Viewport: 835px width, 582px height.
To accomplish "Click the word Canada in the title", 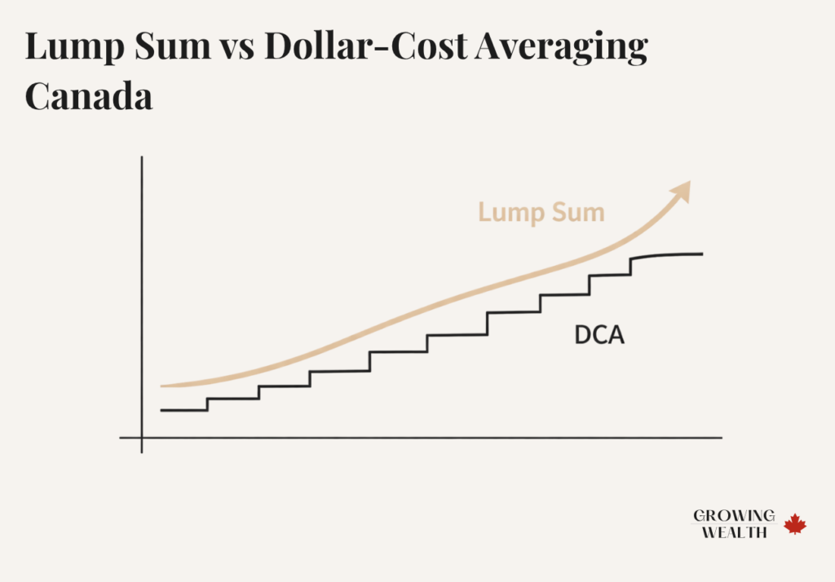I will pos(89,97).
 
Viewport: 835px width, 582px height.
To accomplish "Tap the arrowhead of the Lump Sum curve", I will pos(681,192).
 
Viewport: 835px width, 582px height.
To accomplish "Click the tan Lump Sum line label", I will pos(541,213).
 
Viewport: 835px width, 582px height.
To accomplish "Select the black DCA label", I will pos(599,334).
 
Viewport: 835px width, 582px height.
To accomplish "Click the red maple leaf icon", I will pos(795,524).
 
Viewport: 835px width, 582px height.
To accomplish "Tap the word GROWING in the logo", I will pos(734,516).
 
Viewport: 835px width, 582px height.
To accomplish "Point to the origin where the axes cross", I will pos(142,438).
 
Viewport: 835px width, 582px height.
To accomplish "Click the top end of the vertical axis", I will pos(142,157).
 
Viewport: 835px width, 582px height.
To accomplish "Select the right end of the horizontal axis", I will pos(721,438).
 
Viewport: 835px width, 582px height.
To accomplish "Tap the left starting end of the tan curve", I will pos(162,386).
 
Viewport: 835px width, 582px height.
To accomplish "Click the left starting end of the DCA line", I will pos(162,410).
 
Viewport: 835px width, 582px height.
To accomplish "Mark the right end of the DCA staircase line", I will pos(702,254).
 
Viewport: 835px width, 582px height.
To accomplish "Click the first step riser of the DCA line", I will pos(207,404).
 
